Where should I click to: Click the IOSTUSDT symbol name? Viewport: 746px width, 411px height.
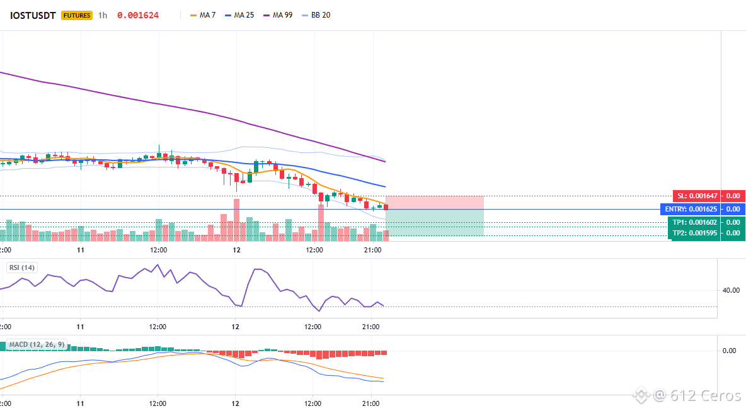point(33,15)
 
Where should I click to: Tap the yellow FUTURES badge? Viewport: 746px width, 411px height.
point(77,15)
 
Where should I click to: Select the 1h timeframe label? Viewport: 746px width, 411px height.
point(103,15)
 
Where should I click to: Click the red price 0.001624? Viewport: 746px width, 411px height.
point(138,15)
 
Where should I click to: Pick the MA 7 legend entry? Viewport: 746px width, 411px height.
point(203,15)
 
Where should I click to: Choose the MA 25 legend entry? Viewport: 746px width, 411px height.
point(239,15)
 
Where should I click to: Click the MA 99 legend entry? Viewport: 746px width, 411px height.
point(278,15)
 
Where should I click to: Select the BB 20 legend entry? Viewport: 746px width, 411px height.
point(316,15)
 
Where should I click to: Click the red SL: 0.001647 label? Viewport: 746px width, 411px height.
point(696,196)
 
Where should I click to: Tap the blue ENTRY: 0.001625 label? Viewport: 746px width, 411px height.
point(691,209)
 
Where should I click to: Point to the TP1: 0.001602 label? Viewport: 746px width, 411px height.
point(694,222)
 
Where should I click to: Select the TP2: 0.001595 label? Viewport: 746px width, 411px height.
point(694,233)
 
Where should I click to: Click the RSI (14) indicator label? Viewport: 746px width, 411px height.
point(22,267)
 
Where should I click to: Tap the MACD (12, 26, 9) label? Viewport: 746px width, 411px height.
point(37,344)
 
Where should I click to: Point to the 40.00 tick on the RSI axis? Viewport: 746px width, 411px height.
point(731,290)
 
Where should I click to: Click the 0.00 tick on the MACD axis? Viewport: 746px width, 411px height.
point(730,351)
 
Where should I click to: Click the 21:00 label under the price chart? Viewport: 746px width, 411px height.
point(372,250)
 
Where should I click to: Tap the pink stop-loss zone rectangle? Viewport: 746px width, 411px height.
point(434,203)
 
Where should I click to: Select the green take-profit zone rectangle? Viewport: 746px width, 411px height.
point(434,222)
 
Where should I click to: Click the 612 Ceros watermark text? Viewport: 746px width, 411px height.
point(697,395)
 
